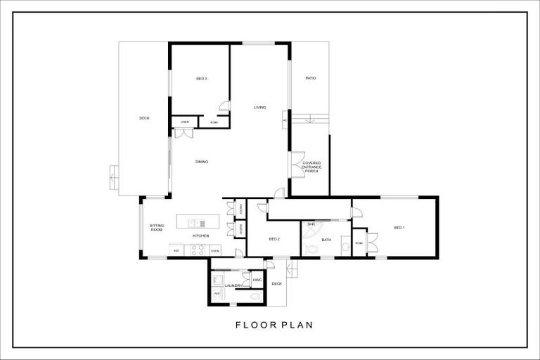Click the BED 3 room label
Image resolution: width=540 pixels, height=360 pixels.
point(201,78)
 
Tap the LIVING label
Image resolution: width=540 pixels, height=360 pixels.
point(260,108)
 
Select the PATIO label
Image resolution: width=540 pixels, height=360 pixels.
point(310,78)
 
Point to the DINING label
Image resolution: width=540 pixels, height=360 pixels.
point(202,162)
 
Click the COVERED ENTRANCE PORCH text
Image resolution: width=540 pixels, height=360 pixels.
point(311,166)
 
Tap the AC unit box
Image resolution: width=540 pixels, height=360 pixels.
point(285,120)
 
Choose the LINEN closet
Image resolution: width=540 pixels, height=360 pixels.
point(184,122)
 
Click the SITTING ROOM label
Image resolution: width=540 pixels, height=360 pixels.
point(157,227)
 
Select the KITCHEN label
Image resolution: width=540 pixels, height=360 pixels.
point(201,236)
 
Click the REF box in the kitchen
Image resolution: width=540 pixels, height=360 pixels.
point(177,250)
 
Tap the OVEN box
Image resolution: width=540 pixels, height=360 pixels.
point(215,250)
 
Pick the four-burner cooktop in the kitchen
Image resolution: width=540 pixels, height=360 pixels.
point(197,250)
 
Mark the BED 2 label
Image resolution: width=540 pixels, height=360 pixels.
point(275,239)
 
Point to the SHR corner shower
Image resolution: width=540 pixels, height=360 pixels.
point(312,229)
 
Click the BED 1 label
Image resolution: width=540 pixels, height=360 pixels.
point(399,228)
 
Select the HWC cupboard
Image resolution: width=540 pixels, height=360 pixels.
point(257,280)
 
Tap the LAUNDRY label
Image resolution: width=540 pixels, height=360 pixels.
point(234,286)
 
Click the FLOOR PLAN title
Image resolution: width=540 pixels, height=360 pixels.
point(274,325)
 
